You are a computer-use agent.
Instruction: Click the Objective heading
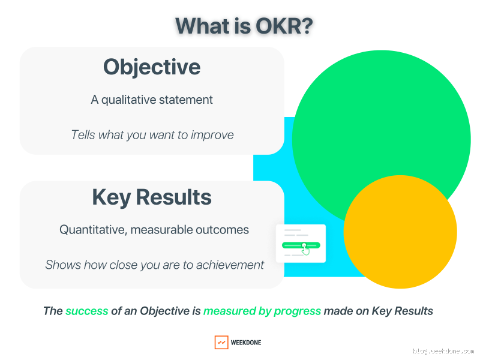coord(152,66)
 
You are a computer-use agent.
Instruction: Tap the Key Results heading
coord(152,197)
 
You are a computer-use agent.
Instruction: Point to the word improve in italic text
coord(212,134)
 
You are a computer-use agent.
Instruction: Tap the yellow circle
coord(400,232)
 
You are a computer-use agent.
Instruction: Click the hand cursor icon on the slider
coord(306,250)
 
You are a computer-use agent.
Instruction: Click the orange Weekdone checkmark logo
coord(221,343)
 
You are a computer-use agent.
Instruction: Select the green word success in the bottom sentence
coord(87,311)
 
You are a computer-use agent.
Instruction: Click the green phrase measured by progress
coord(262,311)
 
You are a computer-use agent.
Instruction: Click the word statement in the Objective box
coord(185,100)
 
